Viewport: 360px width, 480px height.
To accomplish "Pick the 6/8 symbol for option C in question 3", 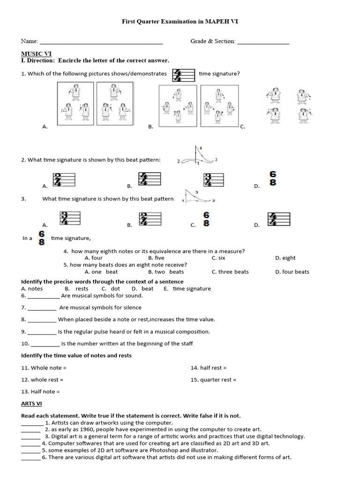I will click(x=206, y=219).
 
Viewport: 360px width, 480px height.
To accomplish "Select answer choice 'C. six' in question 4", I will click(x=218, y=258).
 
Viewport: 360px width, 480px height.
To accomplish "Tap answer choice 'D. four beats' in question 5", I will click(x=292, y=272).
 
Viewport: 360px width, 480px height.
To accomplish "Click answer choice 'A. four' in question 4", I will click(x=93, y=258).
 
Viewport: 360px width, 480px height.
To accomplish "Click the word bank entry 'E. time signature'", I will click(x=187, y=289).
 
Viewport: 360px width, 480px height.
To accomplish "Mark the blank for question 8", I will click(x=42, y=320).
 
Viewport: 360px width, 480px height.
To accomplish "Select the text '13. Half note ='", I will click(x=40, y=391).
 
